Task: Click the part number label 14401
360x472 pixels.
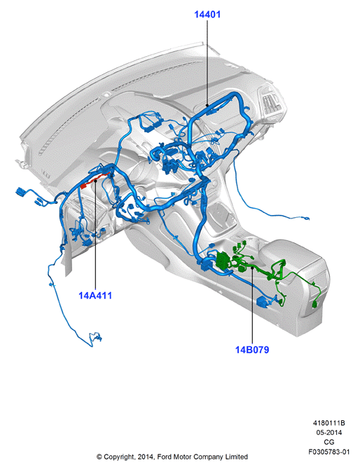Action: pos(207,14)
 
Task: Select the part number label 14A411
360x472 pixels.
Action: pos(95,296)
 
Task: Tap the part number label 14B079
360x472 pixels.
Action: pos(252,349)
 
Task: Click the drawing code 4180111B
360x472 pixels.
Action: pos(328,423)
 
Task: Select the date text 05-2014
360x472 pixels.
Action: pos(328,433)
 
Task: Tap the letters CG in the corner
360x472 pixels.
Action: pos(328,442)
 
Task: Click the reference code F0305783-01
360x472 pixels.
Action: pos(328,452)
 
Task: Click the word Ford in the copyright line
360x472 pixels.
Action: pos(165,457)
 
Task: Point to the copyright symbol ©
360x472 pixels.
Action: pos(99,457)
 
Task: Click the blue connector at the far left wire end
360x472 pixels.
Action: pos(20,193)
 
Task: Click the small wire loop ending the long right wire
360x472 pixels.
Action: pos(305,218)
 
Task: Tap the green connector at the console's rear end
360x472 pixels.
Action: pos(315,305)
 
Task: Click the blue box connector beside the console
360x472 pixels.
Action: pos(263,302)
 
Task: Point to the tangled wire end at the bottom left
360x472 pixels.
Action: pos(96,338)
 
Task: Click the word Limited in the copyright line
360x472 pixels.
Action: pos(237,457)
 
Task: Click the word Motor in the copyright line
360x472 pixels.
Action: pos(183,457)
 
